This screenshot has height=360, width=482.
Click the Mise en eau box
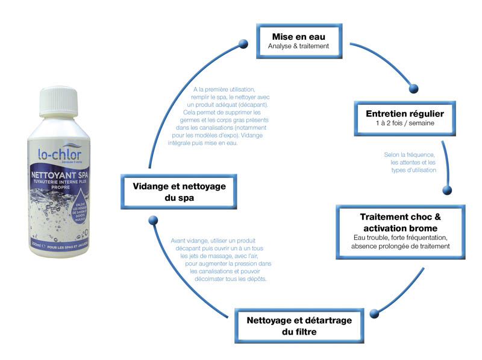[299, 38]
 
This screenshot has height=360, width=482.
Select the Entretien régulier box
[405, 117]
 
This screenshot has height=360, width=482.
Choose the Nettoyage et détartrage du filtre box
[299, 325]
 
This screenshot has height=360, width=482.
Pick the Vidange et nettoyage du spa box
[180, 192]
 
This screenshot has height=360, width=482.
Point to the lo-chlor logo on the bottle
[60, 154]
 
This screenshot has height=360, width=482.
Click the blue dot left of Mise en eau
[243, 43]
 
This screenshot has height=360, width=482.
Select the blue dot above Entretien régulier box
[413, 89]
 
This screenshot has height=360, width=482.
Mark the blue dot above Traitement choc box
[446, 190]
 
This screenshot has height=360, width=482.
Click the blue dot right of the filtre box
[374, 312]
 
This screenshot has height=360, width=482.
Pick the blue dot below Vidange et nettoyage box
[152, 221]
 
